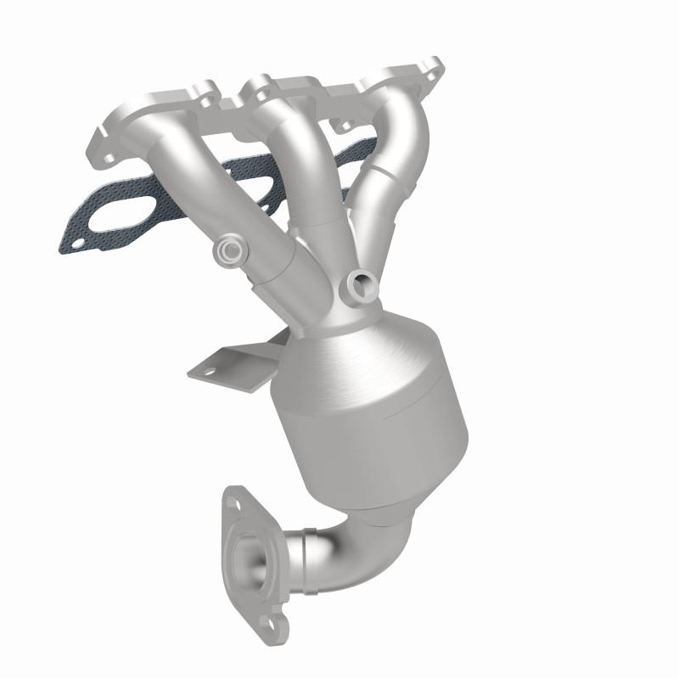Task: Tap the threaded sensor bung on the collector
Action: click(x=362, y=282)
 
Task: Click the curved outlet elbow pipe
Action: click(x=339, y=543)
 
